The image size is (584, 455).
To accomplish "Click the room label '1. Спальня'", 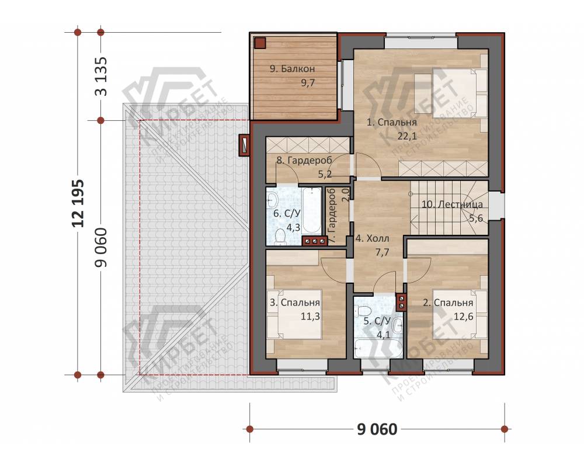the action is [x=391, y=122].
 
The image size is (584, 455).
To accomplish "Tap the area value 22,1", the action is [x=407, y=136].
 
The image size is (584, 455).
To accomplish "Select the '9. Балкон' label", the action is [x=293, y=69].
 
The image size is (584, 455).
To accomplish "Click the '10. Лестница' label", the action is [x=452, y=204].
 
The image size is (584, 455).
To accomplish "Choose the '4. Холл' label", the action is [x=372, y=238].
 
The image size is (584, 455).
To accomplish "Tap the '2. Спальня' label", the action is [x=448, y=303].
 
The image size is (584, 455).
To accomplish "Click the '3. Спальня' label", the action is [x=294, y=303].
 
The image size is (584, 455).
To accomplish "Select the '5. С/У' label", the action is [x=377, y=321].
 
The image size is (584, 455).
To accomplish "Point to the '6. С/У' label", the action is [x=287, y=214].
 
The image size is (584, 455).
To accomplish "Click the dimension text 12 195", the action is [x=79, y=203].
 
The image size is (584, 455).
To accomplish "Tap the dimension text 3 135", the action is [x=101, y=76].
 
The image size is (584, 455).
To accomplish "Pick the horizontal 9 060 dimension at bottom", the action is [x=377, y=429].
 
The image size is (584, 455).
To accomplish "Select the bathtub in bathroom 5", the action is [x=378, y=348].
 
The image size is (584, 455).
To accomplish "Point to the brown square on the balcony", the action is [x=260, y=43].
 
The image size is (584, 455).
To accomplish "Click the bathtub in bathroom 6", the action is [x=312, y=210].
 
